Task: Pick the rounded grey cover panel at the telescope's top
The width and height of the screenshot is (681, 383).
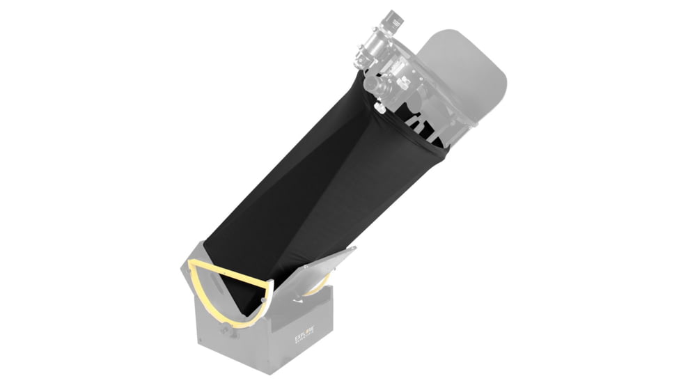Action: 468,77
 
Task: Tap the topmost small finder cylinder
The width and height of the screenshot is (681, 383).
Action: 395,19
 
